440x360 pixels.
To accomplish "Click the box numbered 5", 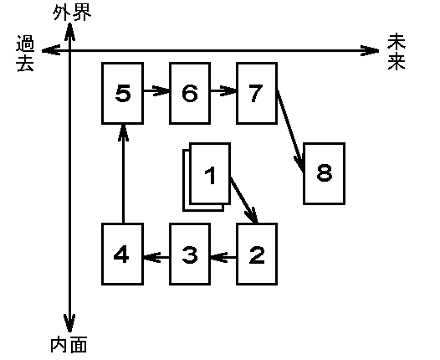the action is point(123,93).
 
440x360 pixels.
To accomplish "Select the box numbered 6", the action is point(190,93).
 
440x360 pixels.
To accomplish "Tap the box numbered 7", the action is point(257,93).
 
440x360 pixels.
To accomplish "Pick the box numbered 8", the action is point(324,173).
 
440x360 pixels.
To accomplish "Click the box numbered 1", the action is point(210,173).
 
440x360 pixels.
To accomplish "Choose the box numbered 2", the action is point(257,255).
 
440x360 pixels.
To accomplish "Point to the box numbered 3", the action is point(190,255).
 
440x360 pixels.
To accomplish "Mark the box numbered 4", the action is point(123,255).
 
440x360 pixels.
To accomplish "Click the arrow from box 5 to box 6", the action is point(156,90).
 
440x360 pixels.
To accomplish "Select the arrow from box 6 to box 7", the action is point(223,90).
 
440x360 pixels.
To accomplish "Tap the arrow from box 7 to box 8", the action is point(290,131).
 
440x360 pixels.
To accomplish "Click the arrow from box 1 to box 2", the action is point(243,200).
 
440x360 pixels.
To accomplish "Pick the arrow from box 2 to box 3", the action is point(223,257).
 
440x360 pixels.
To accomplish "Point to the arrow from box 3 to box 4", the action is point(156,257).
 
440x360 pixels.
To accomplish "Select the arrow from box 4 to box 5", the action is point(123,174).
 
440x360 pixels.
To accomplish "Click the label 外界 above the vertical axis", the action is point(72,13).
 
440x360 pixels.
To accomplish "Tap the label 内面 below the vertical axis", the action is point(69,345).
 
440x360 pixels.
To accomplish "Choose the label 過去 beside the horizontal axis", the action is point(25,54).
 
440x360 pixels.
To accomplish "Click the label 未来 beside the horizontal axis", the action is point(397,52).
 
